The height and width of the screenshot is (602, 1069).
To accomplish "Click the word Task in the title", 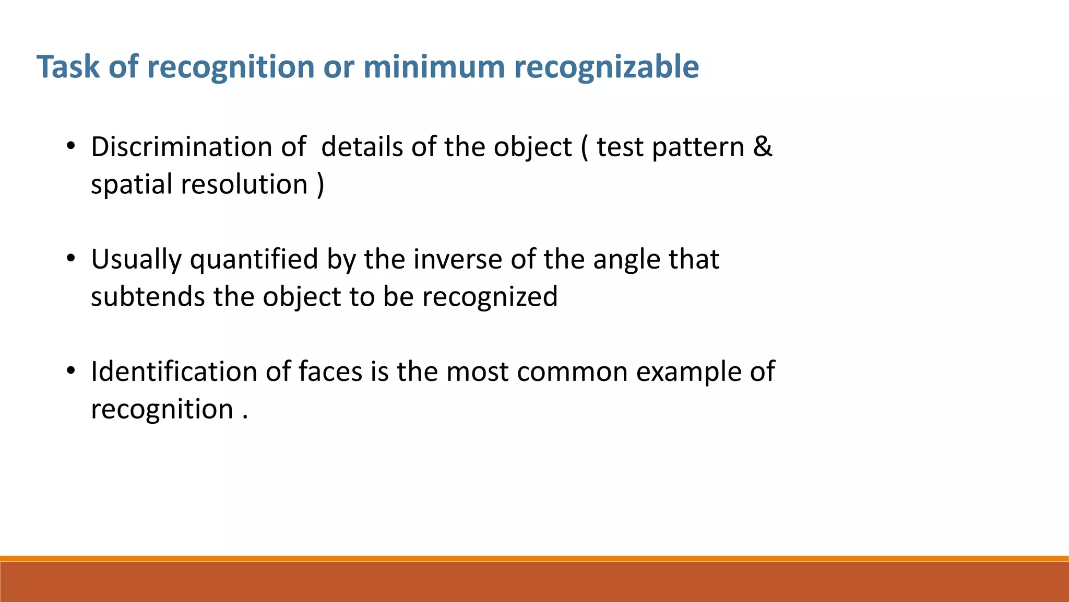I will click(68, 67).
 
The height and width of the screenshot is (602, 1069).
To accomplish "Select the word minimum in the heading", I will click(434, 67).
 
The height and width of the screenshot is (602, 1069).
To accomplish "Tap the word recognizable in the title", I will click(606, 67).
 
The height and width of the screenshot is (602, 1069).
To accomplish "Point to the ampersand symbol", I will click(762, 147).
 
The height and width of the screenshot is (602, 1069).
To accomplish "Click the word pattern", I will click(698, 147).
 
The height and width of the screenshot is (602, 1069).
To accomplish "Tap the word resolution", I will click(244, 184).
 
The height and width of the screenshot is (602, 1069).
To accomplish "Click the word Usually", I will click(136, 260).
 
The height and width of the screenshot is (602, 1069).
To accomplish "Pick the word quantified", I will click(254, 260).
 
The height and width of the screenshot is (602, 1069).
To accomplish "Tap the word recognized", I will click(490, 297).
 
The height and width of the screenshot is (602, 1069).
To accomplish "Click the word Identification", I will click(174, 372).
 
